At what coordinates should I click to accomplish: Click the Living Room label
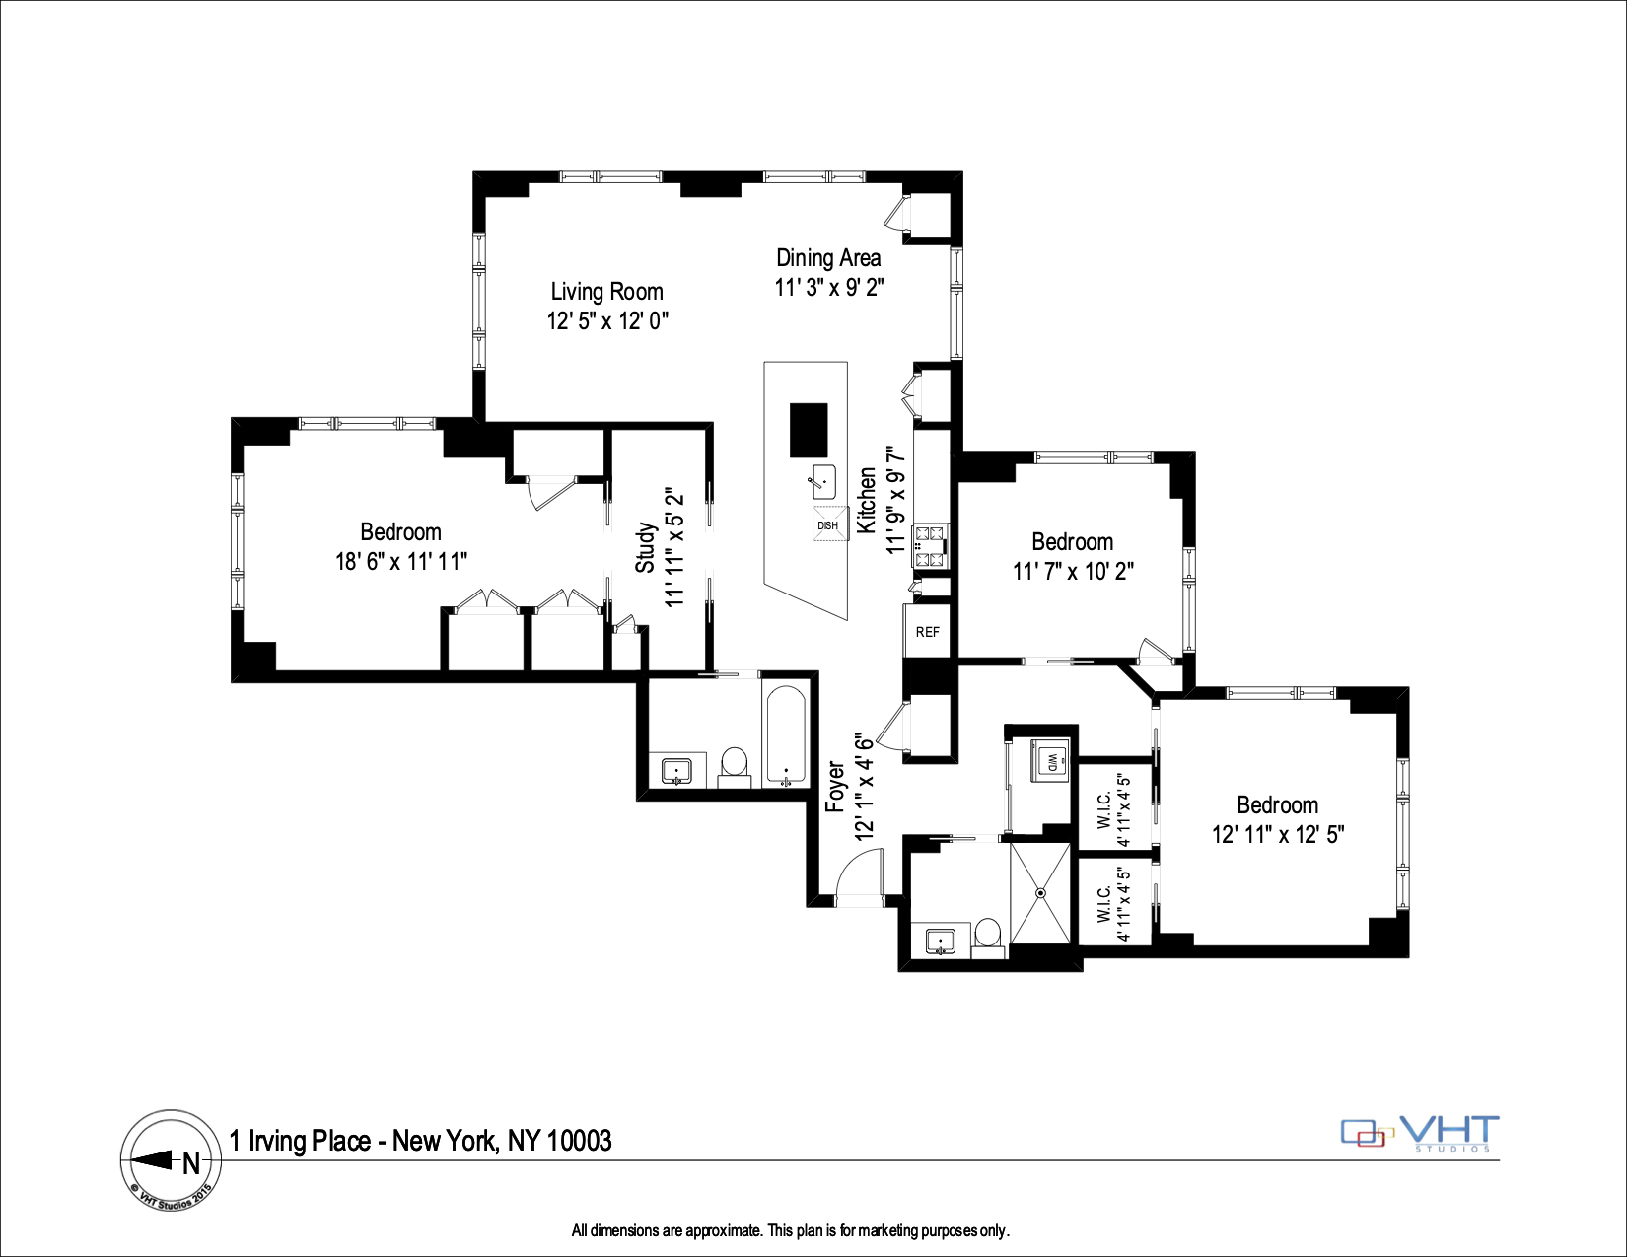606,292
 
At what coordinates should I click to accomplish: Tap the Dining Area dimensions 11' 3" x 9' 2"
828,288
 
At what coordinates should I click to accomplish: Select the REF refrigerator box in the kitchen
927,632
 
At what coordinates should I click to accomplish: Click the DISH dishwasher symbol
828,524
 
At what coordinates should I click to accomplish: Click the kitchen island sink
822,482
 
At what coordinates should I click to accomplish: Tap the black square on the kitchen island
809,430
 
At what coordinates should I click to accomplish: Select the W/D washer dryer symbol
1050,761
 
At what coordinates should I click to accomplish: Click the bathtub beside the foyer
786,734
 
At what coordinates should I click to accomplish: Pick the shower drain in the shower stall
1040,893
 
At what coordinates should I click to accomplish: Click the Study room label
645,547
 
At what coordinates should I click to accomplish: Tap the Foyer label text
835,786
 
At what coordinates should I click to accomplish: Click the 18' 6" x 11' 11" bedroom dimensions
400,562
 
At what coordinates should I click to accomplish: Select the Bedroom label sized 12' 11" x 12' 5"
1277,805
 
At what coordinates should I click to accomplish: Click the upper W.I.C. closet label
1105,808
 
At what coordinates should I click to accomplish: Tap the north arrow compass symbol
171,1160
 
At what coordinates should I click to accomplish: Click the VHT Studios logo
1420,1134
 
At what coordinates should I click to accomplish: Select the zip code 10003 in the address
579,1142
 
